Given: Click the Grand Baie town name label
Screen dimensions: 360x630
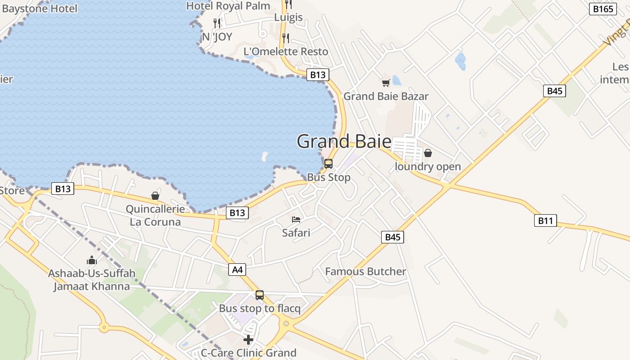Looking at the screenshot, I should tap(344, 141).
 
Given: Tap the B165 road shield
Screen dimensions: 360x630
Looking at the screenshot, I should tap(603, 9).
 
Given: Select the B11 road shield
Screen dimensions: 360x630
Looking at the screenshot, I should tap(545, 220).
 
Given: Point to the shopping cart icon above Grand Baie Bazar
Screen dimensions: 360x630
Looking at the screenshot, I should tap(386, 83).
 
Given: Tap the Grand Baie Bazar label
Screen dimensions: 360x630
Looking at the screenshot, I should tap(386, 96).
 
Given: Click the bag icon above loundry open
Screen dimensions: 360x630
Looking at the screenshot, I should tap(427, 153).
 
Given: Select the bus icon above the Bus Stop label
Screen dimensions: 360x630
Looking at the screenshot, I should tap(328, 164).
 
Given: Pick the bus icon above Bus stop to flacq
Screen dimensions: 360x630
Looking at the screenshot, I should tap(260, 295).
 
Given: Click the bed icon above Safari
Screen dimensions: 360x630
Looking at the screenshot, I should tap(296, 220).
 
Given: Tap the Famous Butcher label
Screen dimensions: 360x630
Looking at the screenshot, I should tap(365, 271).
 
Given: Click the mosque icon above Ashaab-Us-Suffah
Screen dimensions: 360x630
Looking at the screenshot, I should tap(92, 260).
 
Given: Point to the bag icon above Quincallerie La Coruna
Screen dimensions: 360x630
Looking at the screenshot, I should tap(155, 196).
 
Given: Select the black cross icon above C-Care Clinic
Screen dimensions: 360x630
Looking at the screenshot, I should tap(248, 339).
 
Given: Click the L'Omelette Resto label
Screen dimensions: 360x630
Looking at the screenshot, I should tap(286, 52).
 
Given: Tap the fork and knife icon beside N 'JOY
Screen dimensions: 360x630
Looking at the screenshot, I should tap(217, 23).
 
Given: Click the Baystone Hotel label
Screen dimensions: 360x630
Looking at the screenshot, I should tap(40, 8).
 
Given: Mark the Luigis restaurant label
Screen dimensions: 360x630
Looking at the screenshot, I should tap(288, 18).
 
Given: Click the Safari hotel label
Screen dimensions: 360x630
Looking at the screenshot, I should tap(296, 233).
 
